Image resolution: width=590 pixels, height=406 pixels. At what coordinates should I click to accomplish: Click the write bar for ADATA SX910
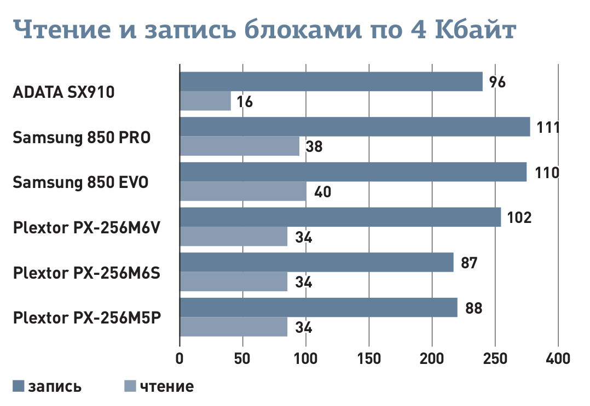pyautogui.click(x=331, y=81)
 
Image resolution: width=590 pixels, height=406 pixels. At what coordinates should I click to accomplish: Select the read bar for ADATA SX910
pyautogui.click(x=205, y=101)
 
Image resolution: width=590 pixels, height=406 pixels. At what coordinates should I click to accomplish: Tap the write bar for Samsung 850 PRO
pyautogui.click(x=355, y=127)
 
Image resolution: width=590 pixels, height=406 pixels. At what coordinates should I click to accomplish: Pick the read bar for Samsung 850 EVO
pyautogui.click(x=243, y=191)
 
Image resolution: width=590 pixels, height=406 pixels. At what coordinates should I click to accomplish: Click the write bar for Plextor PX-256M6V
pyautogui.click(x=340, y=217)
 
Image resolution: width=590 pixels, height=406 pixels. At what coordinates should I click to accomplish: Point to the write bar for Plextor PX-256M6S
pyautogui.click(x=316, y=262)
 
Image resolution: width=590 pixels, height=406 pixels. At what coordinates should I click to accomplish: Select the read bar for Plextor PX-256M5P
pyautogui.click(x=234, y=327)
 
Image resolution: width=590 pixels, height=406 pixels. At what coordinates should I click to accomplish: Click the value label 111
pyautogui.click(x=548, y=128)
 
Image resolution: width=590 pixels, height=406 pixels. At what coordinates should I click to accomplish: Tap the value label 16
pyautogui.click(x=245, y=102)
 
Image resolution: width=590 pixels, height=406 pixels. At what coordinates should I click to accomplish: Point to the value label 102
pyautogui.click(x=519, y=217)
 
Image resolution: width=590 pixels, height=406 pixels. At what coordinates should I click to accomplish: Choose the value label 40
pyautogui.click(x=322, y=192)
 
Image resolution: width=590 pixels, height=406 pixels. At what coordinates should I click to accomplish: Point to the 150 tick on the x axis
pyautogui.click(x=369, y=359)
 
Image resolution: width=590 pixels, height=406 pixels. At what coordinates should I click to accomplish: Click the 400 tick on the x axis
pyautogui.click(x=558, y=359)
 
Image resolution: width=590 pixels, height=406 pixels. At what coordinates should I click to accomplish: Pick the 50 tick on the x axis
pyautogui.click(x=242, y=359)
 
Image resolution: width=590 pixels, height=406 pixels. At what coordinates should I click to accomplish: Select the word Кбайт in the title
pyautogui.click(x=475, y=32)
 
